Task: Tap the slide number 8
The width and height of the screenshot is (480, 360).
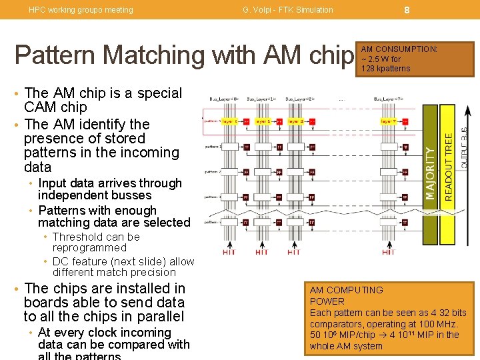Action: tap(406, 9)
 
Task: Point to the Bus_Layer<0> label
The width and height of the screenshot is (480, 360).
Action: tap(224, 99)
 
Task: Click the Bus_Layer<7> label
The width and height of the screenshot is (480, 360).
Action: tap(389, 99)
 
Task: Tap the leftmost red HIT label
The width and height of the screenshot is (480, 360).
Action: tap(229, 252)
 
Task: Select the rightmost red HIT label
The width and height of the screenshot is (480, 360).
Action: tap(389, 252)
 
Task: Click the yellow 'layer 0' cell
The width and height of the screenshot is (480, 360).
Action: tap(229, 121)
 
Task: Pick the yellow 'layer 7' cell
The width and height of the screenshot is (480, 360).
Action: tap(388, 121)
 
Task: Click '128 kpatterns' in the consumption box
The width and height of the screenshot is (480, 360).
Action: tap(386, 69)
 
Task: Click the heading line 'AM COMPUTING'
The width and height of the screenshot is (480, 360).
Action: tap(347, 290)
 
